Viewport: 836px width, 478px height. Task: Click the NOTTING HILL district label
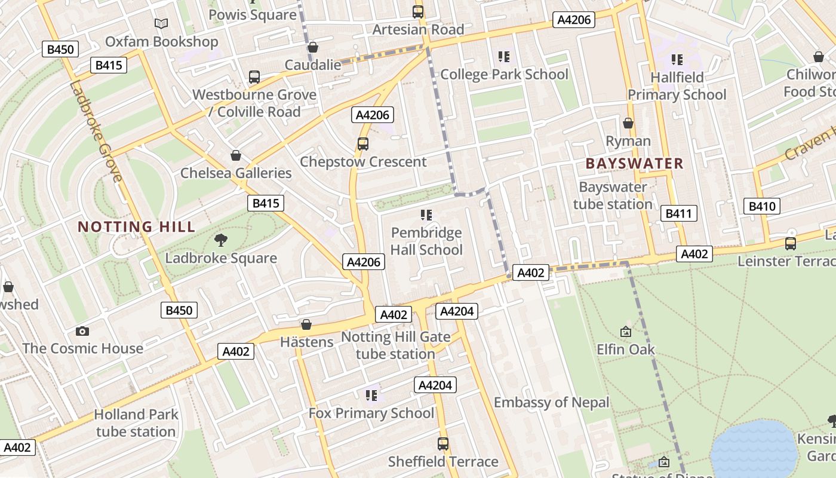pos(137,226)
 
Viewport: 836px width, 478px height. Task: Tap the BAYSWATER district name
pos(634,163)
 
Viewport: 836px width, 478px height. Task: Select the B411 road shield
pos(679,213)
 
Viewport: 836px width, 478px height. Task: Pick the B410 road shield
pos(762,207)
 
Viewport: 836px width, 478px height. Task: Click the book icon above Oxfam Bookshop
pos(161,23)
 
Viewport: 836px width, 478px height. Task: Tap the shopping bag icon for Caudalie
pos(312,47)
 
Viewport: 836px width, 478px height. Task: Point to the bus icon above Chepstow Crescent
pos(362,143)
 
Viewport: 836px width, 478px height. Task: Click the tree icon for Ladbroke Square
pos(221,240)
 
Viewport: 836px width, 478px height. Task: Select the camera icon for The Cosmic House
pos(82,331)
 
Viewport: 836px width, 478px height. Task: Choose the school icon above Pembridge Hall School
pos(426,215)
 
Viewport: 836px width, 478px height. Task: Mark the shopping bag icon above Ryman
pos(628,123)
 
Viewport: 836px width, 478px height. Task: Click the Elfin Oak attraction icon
pos(626,332)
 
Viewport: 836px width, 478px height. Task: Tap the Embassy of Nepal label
pos(551,402)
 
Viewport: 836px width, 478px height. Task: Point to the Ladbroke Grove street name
pos(96,131)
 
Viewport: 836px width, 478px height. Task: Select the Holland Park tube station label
pos(136,422)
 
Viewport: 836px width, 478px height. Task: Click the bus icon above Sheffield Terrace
pos(442,444)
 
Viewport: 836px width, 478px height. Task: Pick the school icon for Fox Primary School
pos(371,395)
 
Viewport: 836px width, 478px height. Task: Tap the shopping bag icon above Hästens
pos(306,324)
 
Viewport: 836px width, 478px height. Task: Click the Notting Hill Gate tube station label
pos(395,345)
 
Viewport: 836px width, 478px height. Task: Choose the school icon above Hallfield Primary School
pos(677,59)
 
